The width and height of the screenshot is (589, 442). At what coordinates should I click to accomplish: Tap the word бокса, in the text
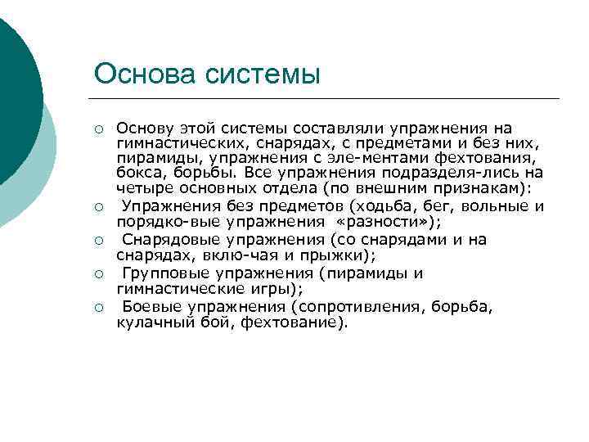[137, 173]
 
